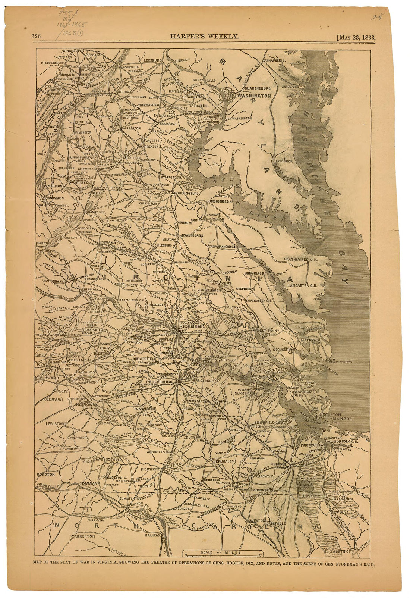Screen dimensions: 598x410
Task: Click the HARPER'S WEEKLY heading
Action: (x=204, y=36)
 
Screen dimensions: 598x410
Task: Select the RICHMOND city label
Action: (x=191, y=326)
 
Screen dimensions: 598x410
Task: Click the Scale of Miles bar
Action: (x=222, y=555)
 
